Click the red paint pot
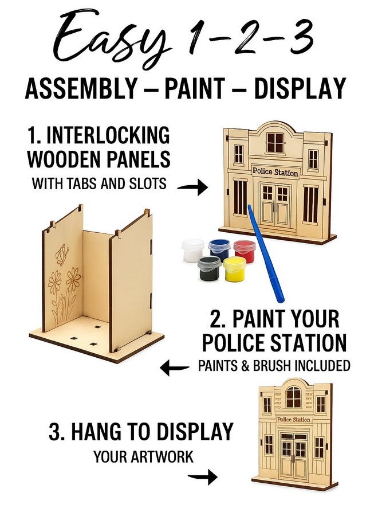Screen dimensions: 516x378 [x=245, y=251]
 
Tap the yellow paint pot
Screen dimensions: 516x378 [x=234, y=268]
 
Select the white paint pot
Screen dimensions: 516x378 [x=193, y=251]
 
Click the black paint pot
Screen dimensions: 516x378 [x=209, y=268]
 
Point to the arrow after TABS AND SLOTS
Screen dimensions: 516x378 [x=192, y=187]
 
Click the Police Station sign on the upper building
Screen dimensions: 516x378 [x=275, y=171]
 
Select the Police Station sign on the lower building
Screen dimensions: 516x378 [x=293, y=420]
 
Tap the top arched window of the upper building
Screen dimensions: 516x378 [x=275, y=142]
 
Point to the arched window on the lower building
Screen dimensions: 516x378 [x=293, y=397]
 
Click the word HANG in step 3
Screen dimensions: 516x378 [x=98, y=432]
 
